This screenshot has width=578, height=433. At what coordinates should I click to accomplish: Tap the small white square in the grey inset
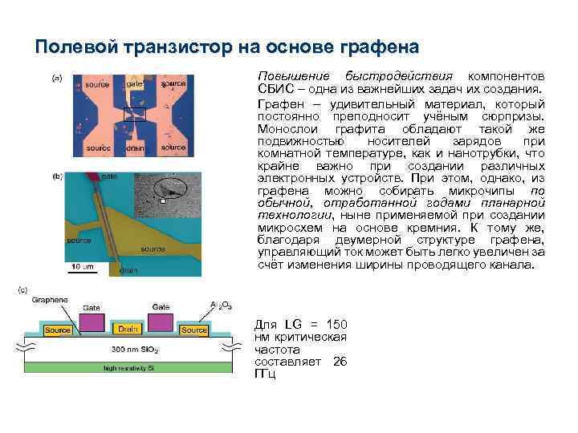pyautogui.click(x=163, y=202)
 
